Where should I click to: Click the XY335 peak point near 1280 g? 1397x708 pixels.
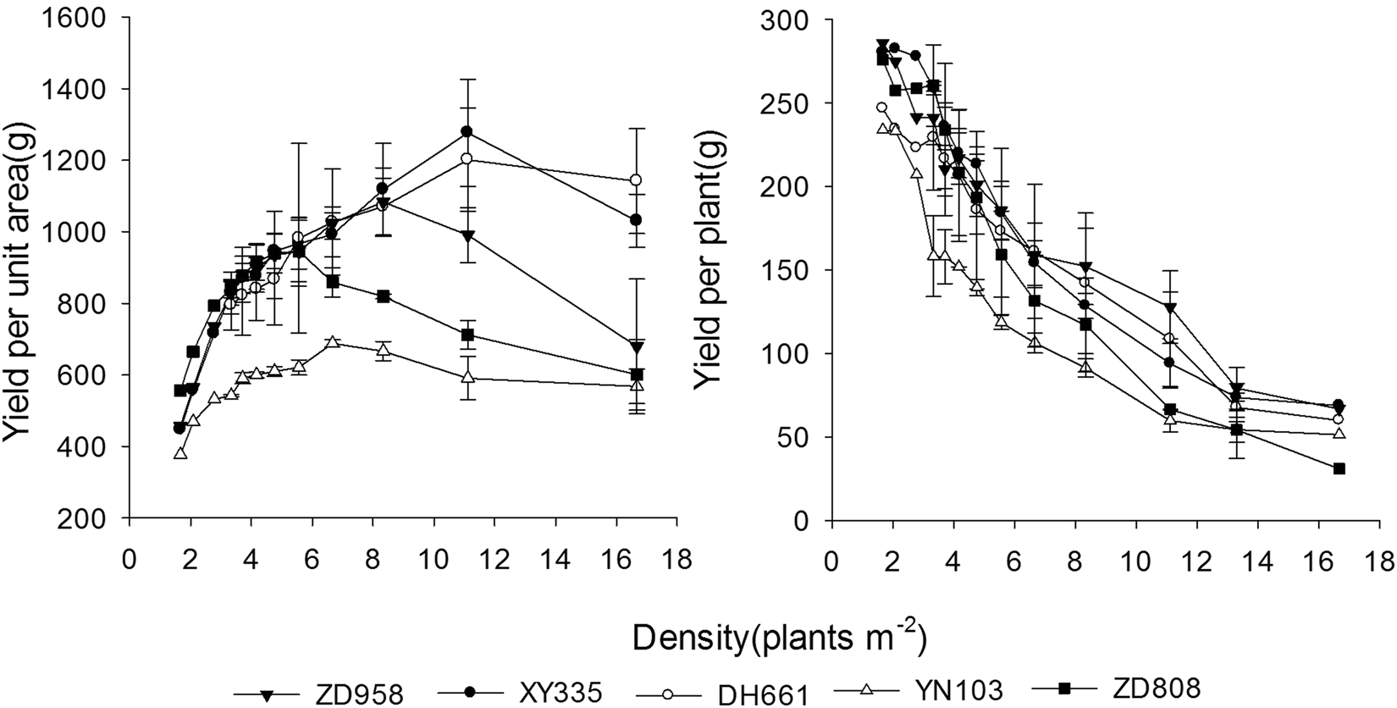pos(467,132)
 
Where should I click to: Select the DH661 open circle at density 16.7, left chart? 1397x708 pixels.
pos(636,180)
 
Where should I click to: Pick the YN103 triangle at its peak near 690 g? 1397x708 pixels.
pos(333,342)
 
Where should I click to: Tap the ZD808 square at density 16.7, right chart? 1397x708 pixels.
pos(1339,468)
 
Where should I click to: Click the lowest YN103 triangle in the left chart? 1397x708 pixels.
pos(180,453)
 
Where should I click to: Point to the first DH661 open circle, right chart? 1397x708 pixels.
pos(881,108)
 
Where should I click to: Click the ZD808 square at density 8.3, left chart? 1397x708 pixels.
pos(384,296)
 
